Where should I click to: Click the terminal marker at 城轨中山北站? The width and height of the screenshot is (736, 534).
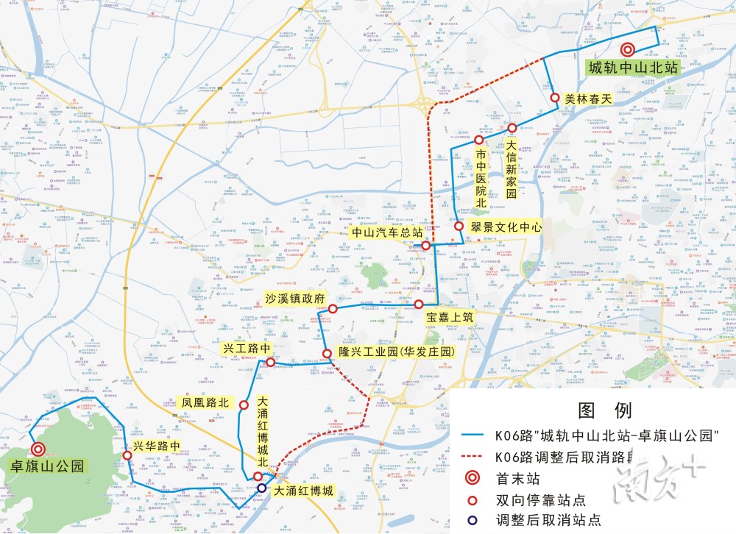pos(627,50)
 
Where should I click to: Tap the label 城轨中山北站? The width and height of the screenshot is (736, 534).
pos(631,68)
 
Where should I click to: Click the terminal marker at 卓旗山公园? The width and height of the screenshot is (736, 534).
pos(37,450)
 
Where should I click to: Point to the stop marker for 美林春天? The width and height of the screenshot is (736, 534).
pos(555,97)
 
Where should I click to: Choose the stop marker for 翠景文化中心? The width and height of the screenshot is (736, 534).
pos(459,227)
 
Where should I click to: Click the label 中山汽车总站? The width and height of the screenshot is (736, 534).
pos(386,232)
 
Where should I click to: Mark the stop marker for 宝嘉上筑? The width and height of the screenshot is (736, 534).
pos(418,304)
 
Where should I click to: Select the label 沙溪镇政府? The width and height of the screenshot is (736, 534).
pos(294,299)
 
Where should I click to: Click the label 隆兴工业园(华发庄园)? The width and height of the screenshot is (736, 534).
pos(394,352)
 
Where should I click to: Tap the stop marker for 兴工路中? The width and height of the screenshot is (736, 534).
pos(270,362)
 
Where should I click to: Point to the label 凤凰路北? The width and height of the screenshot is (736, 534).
pos(206,403)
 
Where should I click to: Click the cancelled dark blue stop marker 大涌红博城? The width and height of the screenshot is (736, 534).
pos(261,488)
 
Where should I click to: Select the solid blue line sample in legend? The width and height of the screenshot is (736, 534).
pos(475,435)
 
